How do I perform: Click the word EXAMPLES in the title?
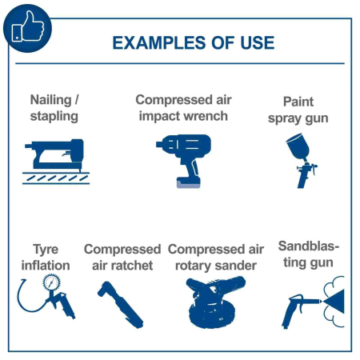pos(159,43)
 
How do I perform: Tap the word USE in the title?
pos(258,43)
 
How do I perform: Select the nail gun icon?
pos(56,162)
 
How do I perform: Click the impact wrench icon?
pos(184,161)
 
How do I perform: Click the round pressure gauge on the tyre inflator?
pos(51,282)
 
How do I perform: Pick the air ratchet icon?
pos(121,305)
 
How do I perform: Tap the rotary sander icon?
pos(214,302)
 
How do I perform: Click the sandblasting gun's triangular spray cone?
pos(334,302)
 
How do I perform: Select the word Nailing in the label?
pos(51,100)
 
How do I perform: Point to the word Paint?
pos(298,102)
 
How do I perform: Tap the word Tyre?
pos(46,250)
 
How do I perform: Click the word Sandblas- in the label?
pos(309,246)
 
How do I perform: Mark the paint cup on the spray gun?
pos(298,146)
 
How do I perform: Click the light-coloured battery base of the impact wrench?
pos(188,184)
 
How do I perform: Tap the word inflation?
pos(46,266)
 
